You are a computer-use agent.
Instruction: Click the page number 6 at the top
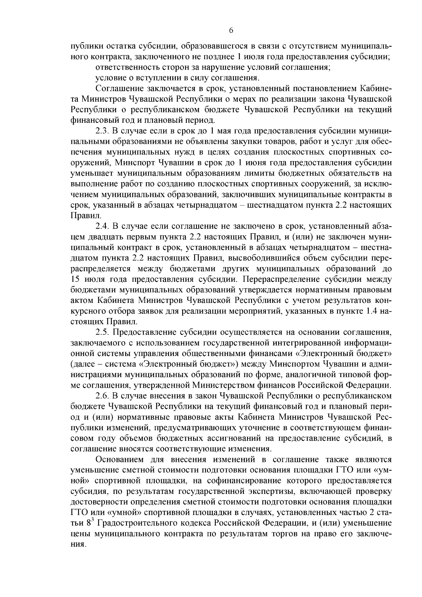tap(231, 30)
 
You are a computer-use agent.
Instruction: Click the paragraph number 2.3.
tap(102, 131)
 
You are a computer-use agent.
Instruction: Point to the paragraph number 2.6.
tap(102, 396)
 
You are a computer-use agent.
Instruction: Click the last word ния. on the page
tap(78, 544)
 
